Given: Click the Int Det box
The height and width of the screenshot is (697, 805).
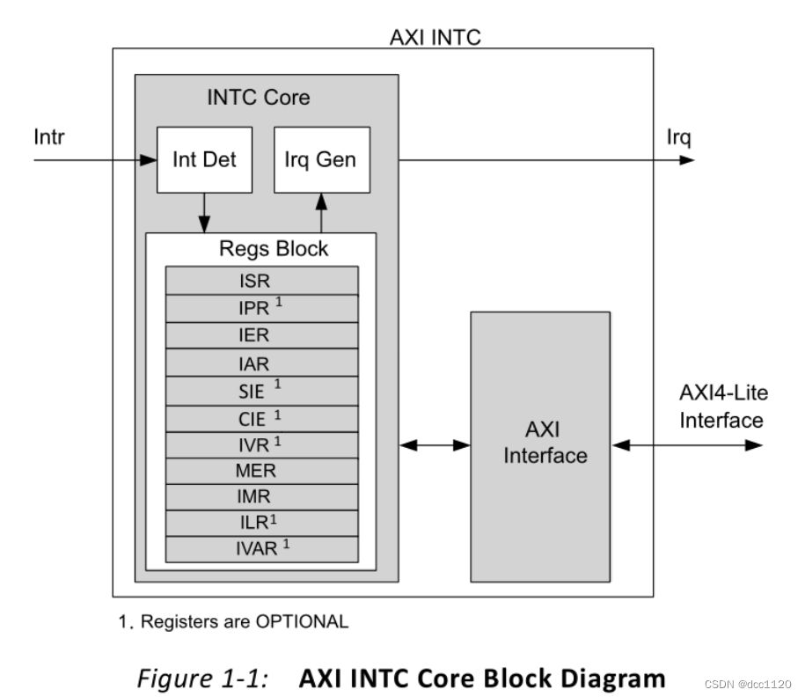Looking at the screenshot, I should (x=203, y=160).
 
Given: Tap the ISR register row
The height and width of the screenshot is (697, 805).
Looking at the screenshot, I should (x=261, y=282).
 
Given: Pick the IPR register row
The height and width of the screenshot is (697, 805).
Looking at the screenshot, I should (x=261, y=309).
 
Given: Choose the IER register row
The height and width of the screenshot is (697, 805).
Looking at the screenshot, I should (x=261, y=335).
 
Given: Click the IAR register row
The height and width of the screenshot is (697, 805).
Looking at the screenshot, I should (x=261, y=363).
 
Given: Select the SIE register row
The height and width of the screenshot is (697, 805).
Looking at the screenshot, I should (x=261, y=390).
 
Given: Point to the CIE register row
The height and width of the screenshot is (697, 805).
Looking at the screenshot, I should (x=261, y=416).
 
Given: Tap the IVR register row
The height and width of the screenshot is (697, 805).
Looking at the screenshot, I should (x=261, y=444).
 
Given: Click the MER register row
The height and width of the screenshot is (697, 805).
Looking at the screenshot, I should (x=261, y=470).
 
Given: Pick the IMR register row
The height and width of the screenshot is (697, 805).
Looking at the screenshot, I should (x=261, y=496).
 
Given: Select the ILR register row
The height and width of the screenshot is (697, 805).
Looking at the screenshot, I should (x=261, y=523).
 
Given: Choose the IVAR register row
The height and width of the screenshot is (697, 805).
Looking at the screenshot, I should (x=261, y=549).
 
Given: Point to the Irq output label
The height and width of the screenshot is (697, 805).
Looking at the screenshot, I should (x=679, y=137).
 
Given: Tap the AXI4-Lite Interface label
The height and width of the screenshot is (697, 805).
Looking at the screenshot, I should (x=721, y=406).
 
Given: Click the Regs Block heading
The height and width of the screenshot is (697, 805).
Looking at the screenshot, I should (x=274, y=249).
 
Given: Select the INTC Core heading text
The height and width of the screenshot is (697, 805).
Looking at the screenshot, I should (x=258, y=98).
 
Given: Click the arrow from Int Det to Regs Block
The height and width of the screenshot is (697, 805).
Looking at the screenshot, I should (x=204, y=212).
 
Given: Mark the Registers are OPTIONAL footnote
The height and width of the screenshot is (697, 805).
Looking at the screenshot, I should (x=233, y=621).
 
